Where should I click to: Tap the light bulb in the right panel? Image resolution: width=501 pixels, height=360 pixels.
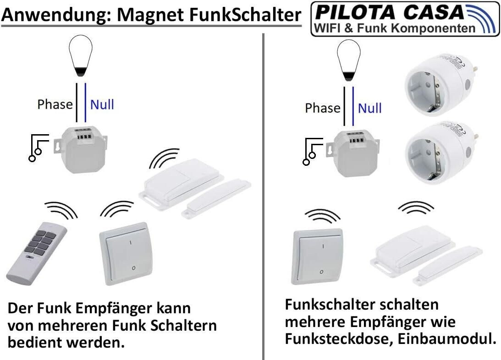348,60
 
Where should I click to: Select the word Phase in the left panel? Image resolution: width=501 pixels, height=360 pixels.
55,104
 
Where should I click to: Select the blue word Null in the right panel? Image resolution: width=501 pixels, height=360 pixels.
369,108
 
